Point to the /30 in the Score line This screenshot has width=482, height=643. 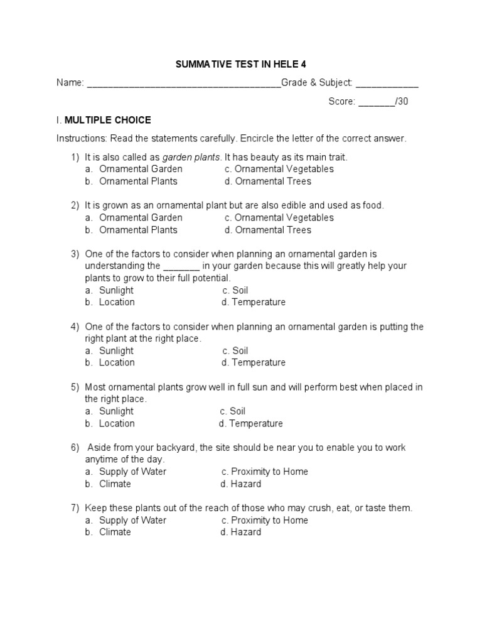coord(402,102)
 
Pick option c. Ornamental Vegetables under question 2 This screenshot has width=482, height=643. coord(279,218)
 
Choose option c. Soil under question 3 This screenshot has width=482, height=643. coord(235,290)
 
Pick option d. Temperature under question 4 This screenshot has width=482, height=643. coord(253,362)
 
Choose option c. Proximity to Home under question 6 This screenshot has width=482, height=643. coord(264,472)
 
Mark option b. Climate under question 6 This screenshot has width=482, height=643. coord(108,484)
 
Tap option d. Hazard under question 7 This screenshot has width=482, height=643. coord(240,532)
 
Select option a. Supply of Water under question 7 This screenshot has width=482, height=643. coord(126,520)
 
